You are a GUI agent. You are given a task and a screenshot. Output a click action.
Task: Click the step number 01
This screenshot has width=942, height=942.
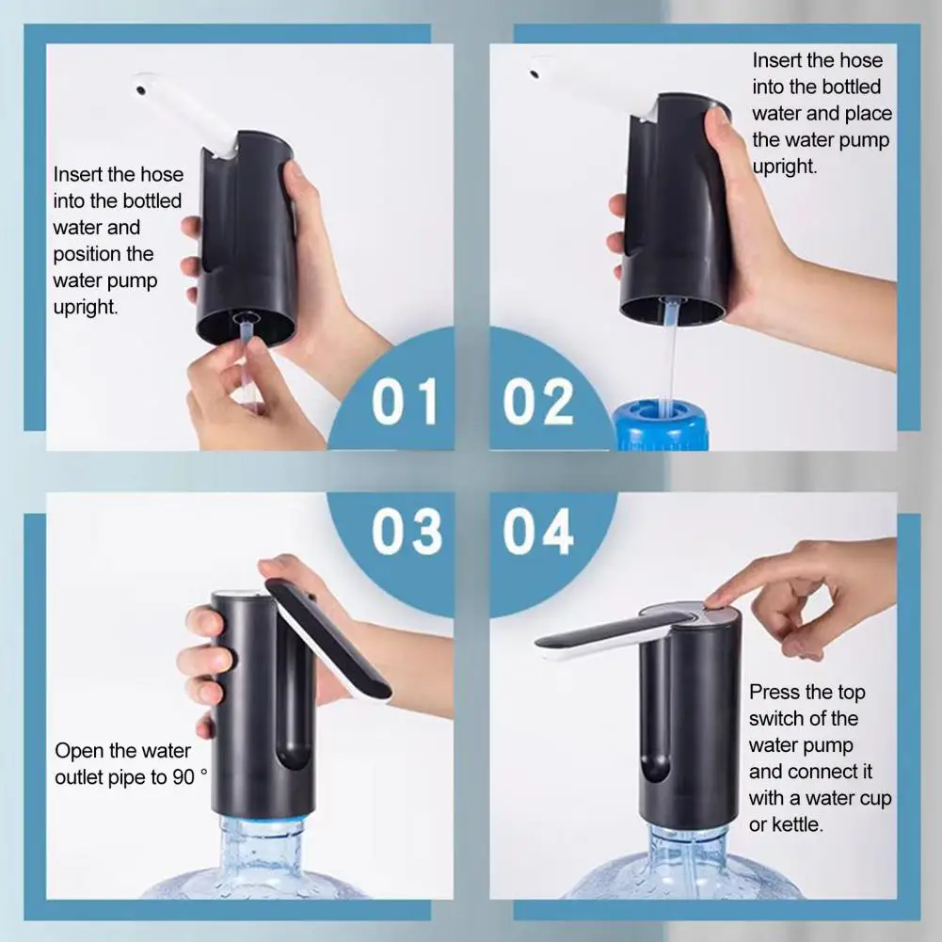click(405, 402)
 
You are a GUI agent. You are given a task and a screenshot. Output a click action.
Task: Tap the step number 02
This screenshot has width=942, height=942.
click(537, 402)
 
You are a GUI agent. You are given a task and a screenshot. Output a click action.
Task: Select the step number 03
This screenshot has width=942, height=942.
click(406, 532)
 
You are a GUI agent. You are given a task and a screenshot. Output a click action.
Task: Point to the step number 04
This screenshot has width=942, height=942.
click(537, 532)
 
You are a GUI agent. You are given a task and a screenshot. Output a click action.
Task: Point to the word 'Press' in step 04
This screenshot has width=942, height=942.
click(774, 693)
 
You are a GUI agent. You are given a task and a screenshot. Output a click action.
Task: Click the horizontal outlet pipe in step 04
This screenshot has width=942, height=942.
click(602, 635)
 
